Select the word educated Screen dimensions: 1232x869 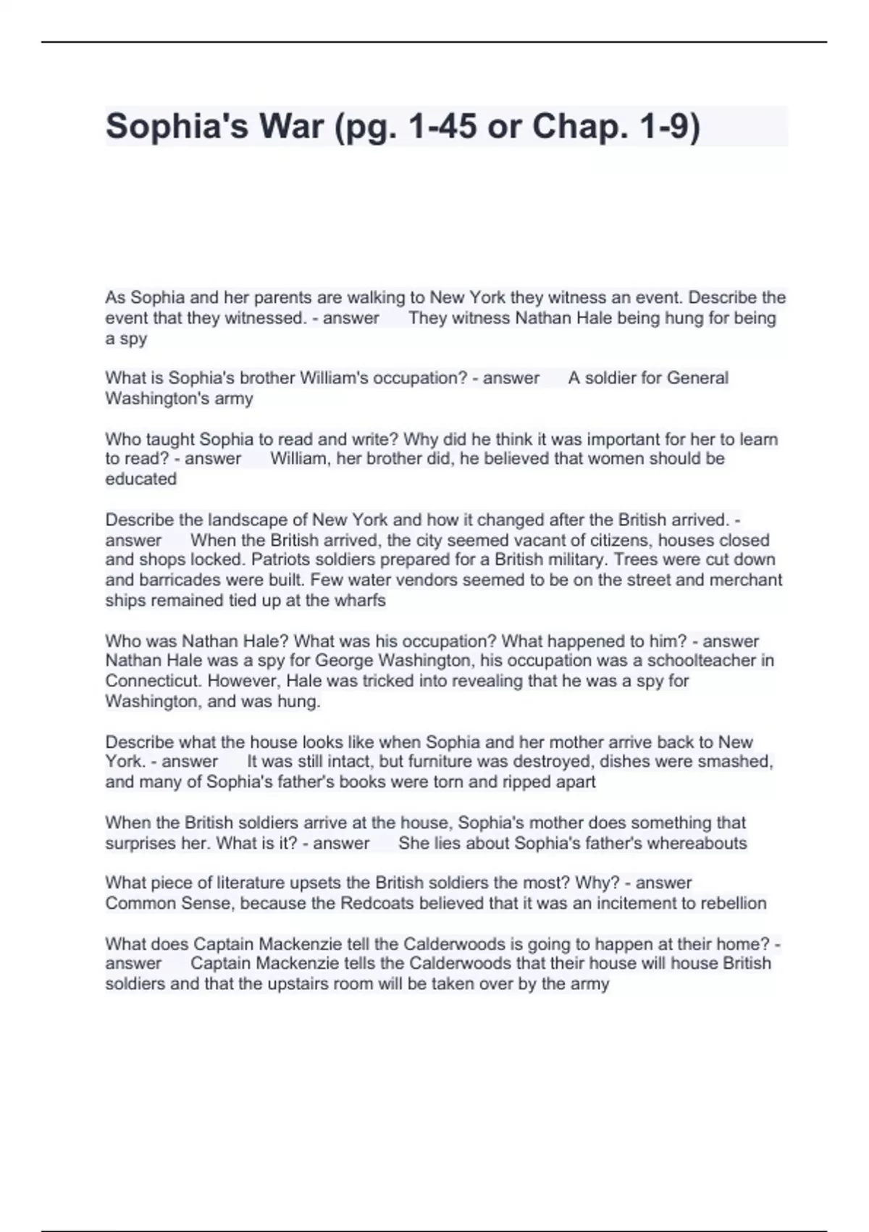140,479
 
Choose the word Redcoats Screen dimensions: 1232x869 375,904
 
